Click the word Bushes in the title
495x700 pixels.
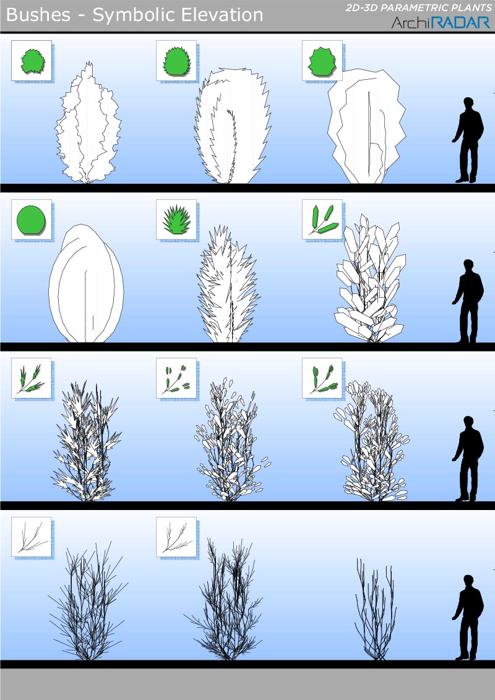38,15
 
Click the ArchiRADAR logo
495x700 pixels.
441,22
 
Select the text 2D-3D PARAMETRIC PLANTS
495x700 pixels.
418,8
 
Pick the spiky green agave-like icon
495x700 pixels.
177,220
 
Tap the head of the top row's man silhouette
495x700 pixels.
468,103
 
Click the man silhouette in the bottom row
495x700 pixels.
468,618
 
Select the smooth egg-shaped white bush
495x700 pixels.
86,283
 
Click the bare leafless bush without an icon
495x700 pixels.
376,609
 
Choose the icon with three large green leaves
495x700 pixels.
323,220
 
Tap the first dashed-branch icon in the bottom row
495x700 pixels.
32,537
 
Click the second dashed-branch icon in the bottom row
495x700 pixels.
176,537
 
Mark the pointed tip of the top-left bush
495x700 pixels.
90,62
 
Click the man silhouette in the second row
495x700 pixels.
468,301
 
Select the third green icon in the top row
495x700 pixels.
321,61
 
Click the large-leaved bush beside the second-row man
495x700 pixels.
370,279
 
